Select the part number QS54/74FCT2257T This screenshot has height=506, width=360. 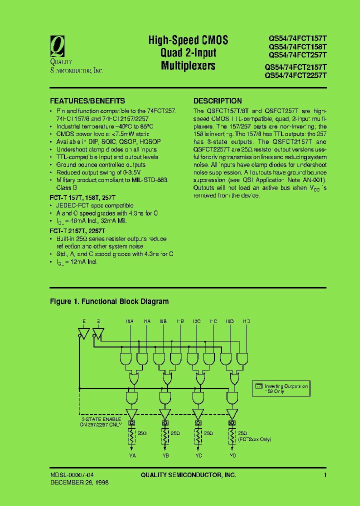coord(295,75)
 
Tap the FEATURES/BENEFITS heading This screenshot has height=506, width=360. coord(87,101)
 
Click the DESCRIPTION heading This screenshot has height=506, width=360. coord(217,101)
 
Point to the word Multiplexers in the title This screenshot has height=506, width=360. coord(188,65)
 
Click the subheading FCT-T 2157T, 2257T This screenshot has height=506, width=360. coord(77,231)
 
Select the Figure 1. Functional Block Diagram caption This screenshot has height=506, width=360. coord(109,301)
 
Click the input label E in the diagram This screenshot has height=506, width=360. coord(83,321)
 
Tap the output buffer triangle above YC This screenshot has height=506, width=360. coord(198,414)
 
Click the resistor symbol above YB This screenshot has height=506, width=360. coord(165,437)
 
